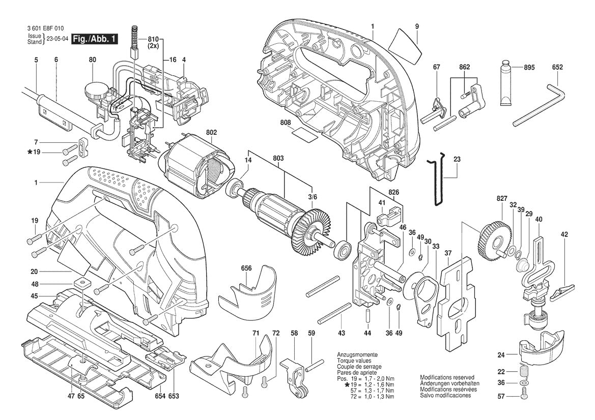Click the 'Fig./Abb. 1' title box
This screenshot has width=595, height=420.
[x=95, y=39]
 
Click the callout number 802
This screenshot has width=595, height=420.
[x=211, y=132]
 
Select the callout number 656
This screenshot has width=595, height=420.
[x=246, y=269]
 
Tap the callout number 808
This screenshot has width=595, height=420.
[x=285, y=122]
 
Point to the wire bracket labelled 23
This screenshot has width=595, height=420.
[x=437, y=181]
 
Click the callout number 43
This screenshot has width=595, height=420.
[x=341, y=333]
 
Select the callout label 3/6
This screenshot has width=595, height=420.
[x=313, y=197]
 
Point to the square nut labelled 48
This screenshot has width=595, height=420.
[x=80, y=282]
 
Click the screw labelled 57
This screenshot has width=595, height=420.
[x=524, y=394]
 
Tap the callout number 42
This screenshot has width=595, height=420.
[x=564, y=234]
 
